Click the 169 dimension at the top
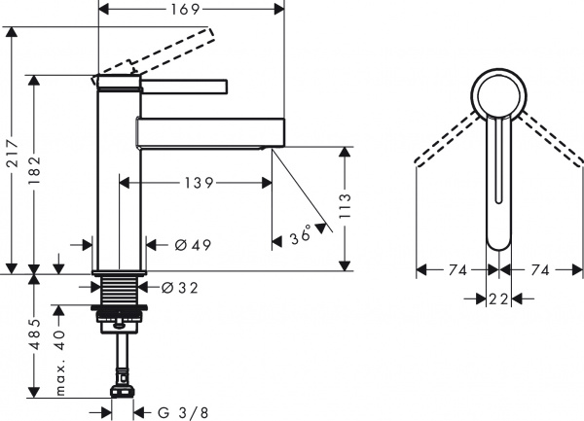click(191, 11)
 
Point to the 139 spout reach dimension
click(196, 182)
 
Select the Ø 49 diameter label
click(192, 244)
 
